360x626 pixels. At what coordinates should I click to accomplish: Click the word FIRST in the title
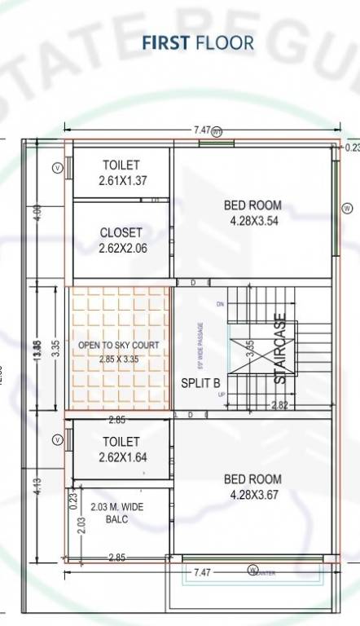coord(166,42)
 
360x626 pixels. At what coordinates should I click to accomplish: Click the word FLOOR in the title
coord(224,42)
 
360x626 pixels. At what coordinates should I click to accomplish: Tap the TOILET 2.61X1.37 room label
coord(121,173)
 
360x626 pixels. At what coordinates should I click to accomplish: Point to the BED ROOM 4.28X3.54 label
coord(252,213)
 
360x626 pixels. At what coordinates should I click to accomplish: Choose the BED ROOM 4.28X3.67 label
coord(252,487)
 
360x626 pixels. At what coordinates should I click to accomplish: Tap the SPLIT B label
coord(200,382)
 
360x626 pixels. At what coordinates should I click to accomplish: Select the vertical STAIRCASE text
coord(279,348)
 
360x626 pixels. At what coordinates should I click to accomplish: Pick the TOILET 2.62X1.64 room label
coord(121,449)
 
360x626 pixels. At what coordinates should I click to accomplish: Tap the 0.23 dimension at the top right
coord(351,148)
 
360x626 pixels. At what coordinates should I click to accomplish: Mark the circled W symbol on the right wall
coord(348,209)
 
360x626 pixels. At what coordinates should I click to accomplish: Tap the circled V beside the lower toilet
coord(57,440)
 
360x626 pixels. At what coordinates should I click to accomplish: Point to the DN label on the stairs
coord(220,304)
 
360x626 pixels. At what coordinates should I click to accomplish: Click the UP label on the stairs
coord(220,395)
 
